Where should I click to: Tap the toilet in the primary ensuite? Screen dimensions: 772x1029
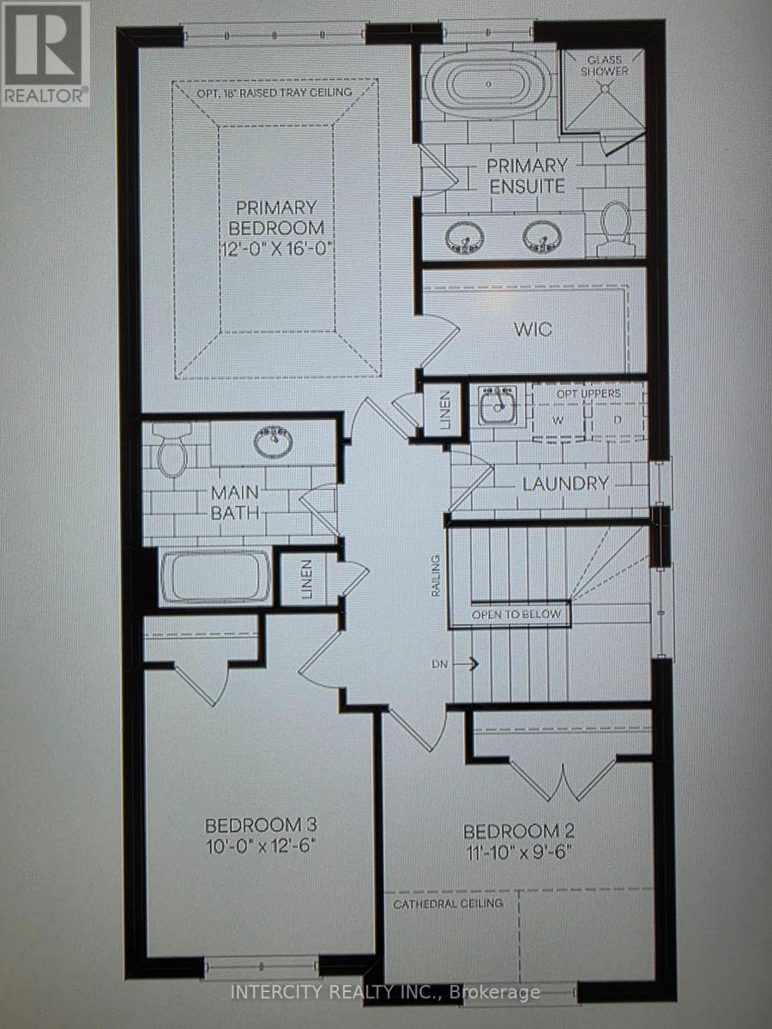[615, 229]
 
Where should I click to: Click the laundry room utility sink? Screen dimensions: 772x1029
[498, 405]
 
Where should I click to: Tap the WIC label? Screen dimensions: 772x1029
[533, 329]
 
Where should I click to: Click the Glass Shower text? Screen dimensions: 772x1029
[604, 66]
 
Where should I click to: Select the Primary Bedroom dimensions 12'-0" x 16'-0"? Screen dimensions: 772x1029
[276, 248]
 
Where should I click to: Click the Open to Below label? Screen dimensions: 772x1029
[516, 614]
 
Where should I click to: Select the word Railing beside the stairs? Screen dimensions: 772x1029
[436, 575]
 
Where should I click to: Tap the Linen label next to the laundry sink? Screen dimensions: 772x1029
[445, 410]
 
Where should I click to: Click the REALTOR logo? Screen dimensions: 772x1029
[45, 53]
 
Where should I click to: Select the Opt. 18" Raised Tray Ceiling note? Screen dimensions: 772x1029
[274, 92]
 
